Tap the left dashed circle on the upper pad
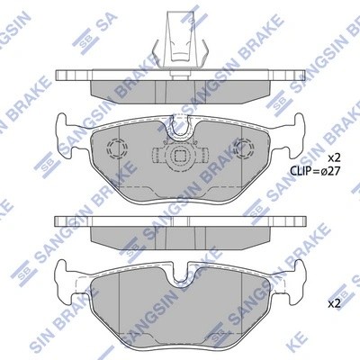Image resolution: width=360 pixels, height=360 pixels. coord(115,149)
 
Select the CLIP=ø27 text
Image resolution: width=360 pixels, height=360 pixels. coord(316,169)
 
